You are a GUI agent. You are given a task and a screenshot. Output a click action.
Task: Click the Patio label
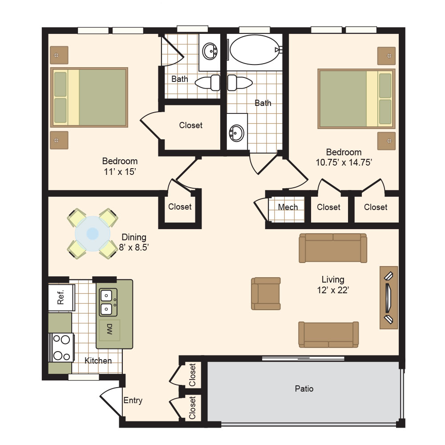[x=304, y=388]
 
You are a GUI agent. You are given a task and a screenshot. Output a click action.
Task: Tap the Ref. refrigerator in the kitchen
[x=61, y=297]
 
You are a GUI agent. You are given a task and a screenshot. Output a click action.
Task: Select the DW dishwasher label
[x=109, y=329]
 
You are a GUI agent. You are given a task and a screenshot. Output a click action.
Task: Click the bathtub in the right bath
[x=255, y=50]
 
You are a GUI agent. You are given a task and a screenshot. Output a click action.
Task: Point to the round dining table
[x=93, y=234]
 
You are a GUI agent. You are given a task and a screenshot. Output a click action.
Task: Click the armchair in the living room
[x=266, y=293]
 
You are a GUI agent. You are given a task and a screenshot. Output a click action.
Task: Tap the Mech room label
[x=288, y=207]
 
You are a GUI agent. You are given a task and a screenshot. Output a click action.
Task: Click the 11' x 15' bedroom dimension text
[x=120, y=172]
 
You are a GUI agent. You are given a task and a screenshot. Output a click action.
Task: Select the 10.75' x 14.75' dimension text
[x=344, y=162]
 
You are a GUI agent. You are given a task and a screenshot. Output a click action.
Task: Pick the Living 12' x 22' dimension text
[x=333, y=290]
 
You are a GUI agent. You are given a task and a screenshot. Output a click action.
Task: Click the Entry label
[x=133, y=400]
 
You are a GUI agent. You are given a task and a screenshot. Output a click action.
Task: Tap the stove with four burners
[x=61, y=348]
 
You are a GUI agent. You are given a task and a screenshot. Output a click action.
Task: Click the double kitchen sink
[x=108, y=302]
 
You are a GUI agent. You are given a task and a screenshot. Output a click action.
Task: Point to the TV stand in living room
[x=389, y=298]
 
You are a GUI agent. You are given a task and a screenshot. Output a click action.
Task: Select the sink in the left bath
[x=210, y=51]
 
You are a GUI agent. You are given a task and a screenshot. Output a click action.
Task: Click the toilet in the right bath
[x=240, y=83]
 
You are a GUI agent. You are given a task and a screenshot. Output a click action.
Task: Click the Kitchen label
[x=98, y=361]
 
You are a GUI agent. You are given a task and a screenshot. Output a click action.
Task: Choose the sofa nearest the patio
[x=328, y=335]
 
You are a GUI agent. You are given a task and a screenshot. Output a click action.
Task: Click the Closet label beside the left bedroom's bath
[x=191, y=125]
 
